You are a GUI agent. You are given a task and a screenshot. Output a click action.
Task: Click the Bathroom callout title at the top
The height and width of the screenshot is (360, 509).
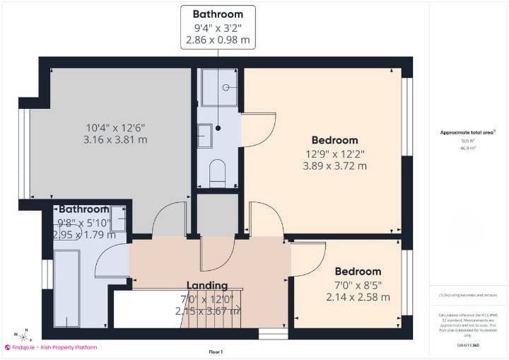218,14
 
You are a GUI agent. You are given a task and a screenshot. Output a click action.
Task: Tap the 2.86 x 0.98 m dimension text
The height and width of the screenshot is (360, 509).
218,40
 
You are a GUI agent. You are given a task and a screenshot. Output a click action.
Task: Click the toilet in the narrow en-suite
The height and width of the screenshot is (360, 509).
218,170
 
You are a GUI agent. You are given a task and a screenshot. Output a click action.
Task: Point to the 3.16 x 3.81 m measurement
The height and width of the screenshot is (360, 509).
116,140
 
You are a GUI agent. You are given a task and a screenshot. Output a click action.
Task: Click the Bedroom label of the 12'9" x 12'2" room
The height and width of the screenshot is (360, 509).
334,140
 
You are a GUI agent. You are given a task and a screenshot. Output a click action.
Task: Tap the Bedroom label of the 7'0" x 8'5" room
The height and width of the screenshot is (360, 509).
358,272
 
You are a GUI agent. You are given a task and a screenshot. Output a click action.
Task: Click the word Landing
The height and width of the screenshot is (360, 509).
206,285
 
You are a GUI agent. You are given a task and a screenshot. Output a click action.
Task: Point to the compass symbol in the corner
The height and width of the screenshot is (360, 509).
23,334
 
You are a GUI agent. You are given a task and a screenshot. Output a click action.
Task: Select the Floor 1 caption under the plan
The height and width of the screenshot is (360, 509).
216,352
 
